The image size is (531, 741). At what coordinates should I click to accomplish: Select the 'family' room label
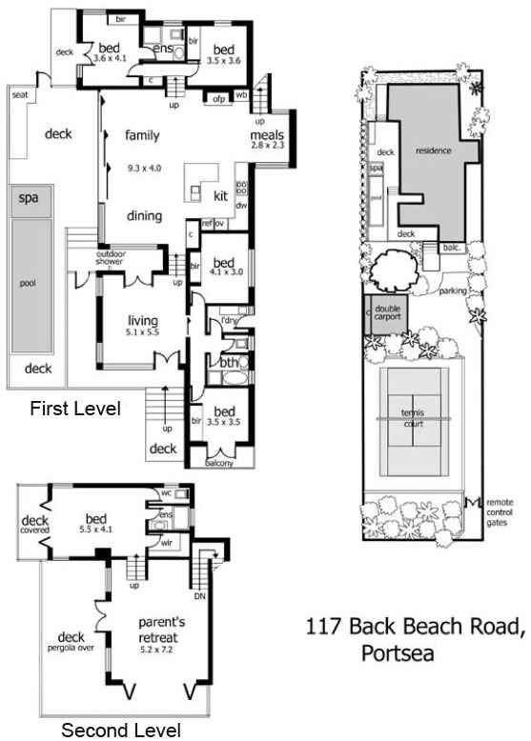pos(142,136)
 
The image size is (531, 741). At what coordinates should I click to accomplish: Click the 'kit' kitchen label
pos(220,196)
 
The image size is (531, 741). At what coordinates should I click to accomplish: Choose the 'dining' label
pos(144,216)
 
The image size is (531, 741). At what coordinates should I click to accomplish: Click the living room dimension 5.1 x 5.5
pos(143,334)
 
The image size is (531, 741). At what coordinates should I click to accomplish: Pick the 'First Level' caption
pos(74,410)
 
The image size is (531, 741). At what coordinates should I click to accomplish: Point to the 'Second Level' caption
pos(120,731)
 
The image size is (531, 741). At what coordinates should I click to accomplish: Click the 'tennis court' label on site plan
pos(413,418)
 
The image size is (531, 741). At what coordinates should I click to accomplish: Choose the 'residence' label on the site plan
pos(434,150)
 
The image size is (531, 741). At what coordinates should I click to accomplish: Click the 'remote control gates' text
pos(500,511)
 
